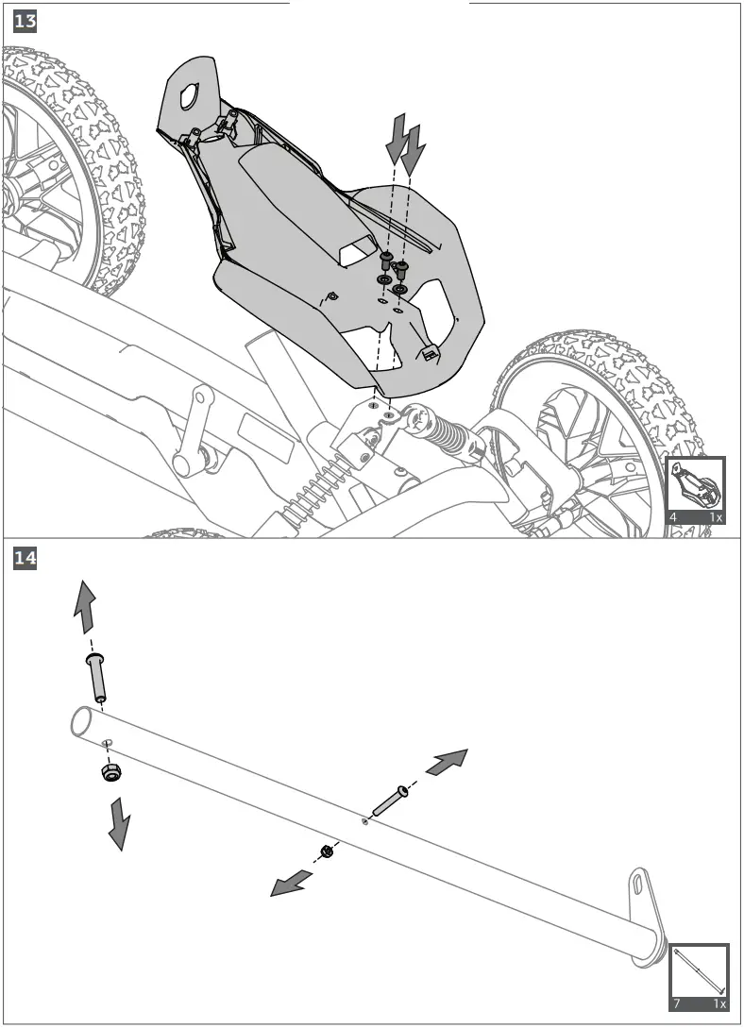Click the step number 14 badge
[x=25, y=560]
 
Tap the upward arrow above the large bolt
[x=84, y=608]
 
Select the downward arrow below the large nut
[x=119, y=823]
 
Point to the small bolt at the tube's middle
[x=389, y=800]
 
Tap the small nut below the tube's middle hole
[x=328, y=851]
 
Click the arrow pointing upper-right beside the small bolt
[x=447, y=762]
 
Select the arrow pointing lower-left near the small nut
[x=292, y=885]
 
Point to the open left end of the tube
[x=80, y=724]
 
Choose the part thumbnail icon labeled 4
[x=696, y=491]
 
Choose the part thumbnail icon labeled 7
[x=699, y=976]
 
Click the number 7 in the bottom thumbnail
[x=676, y=1003]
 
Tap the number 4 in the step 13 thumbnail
[x=673, y=517]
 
